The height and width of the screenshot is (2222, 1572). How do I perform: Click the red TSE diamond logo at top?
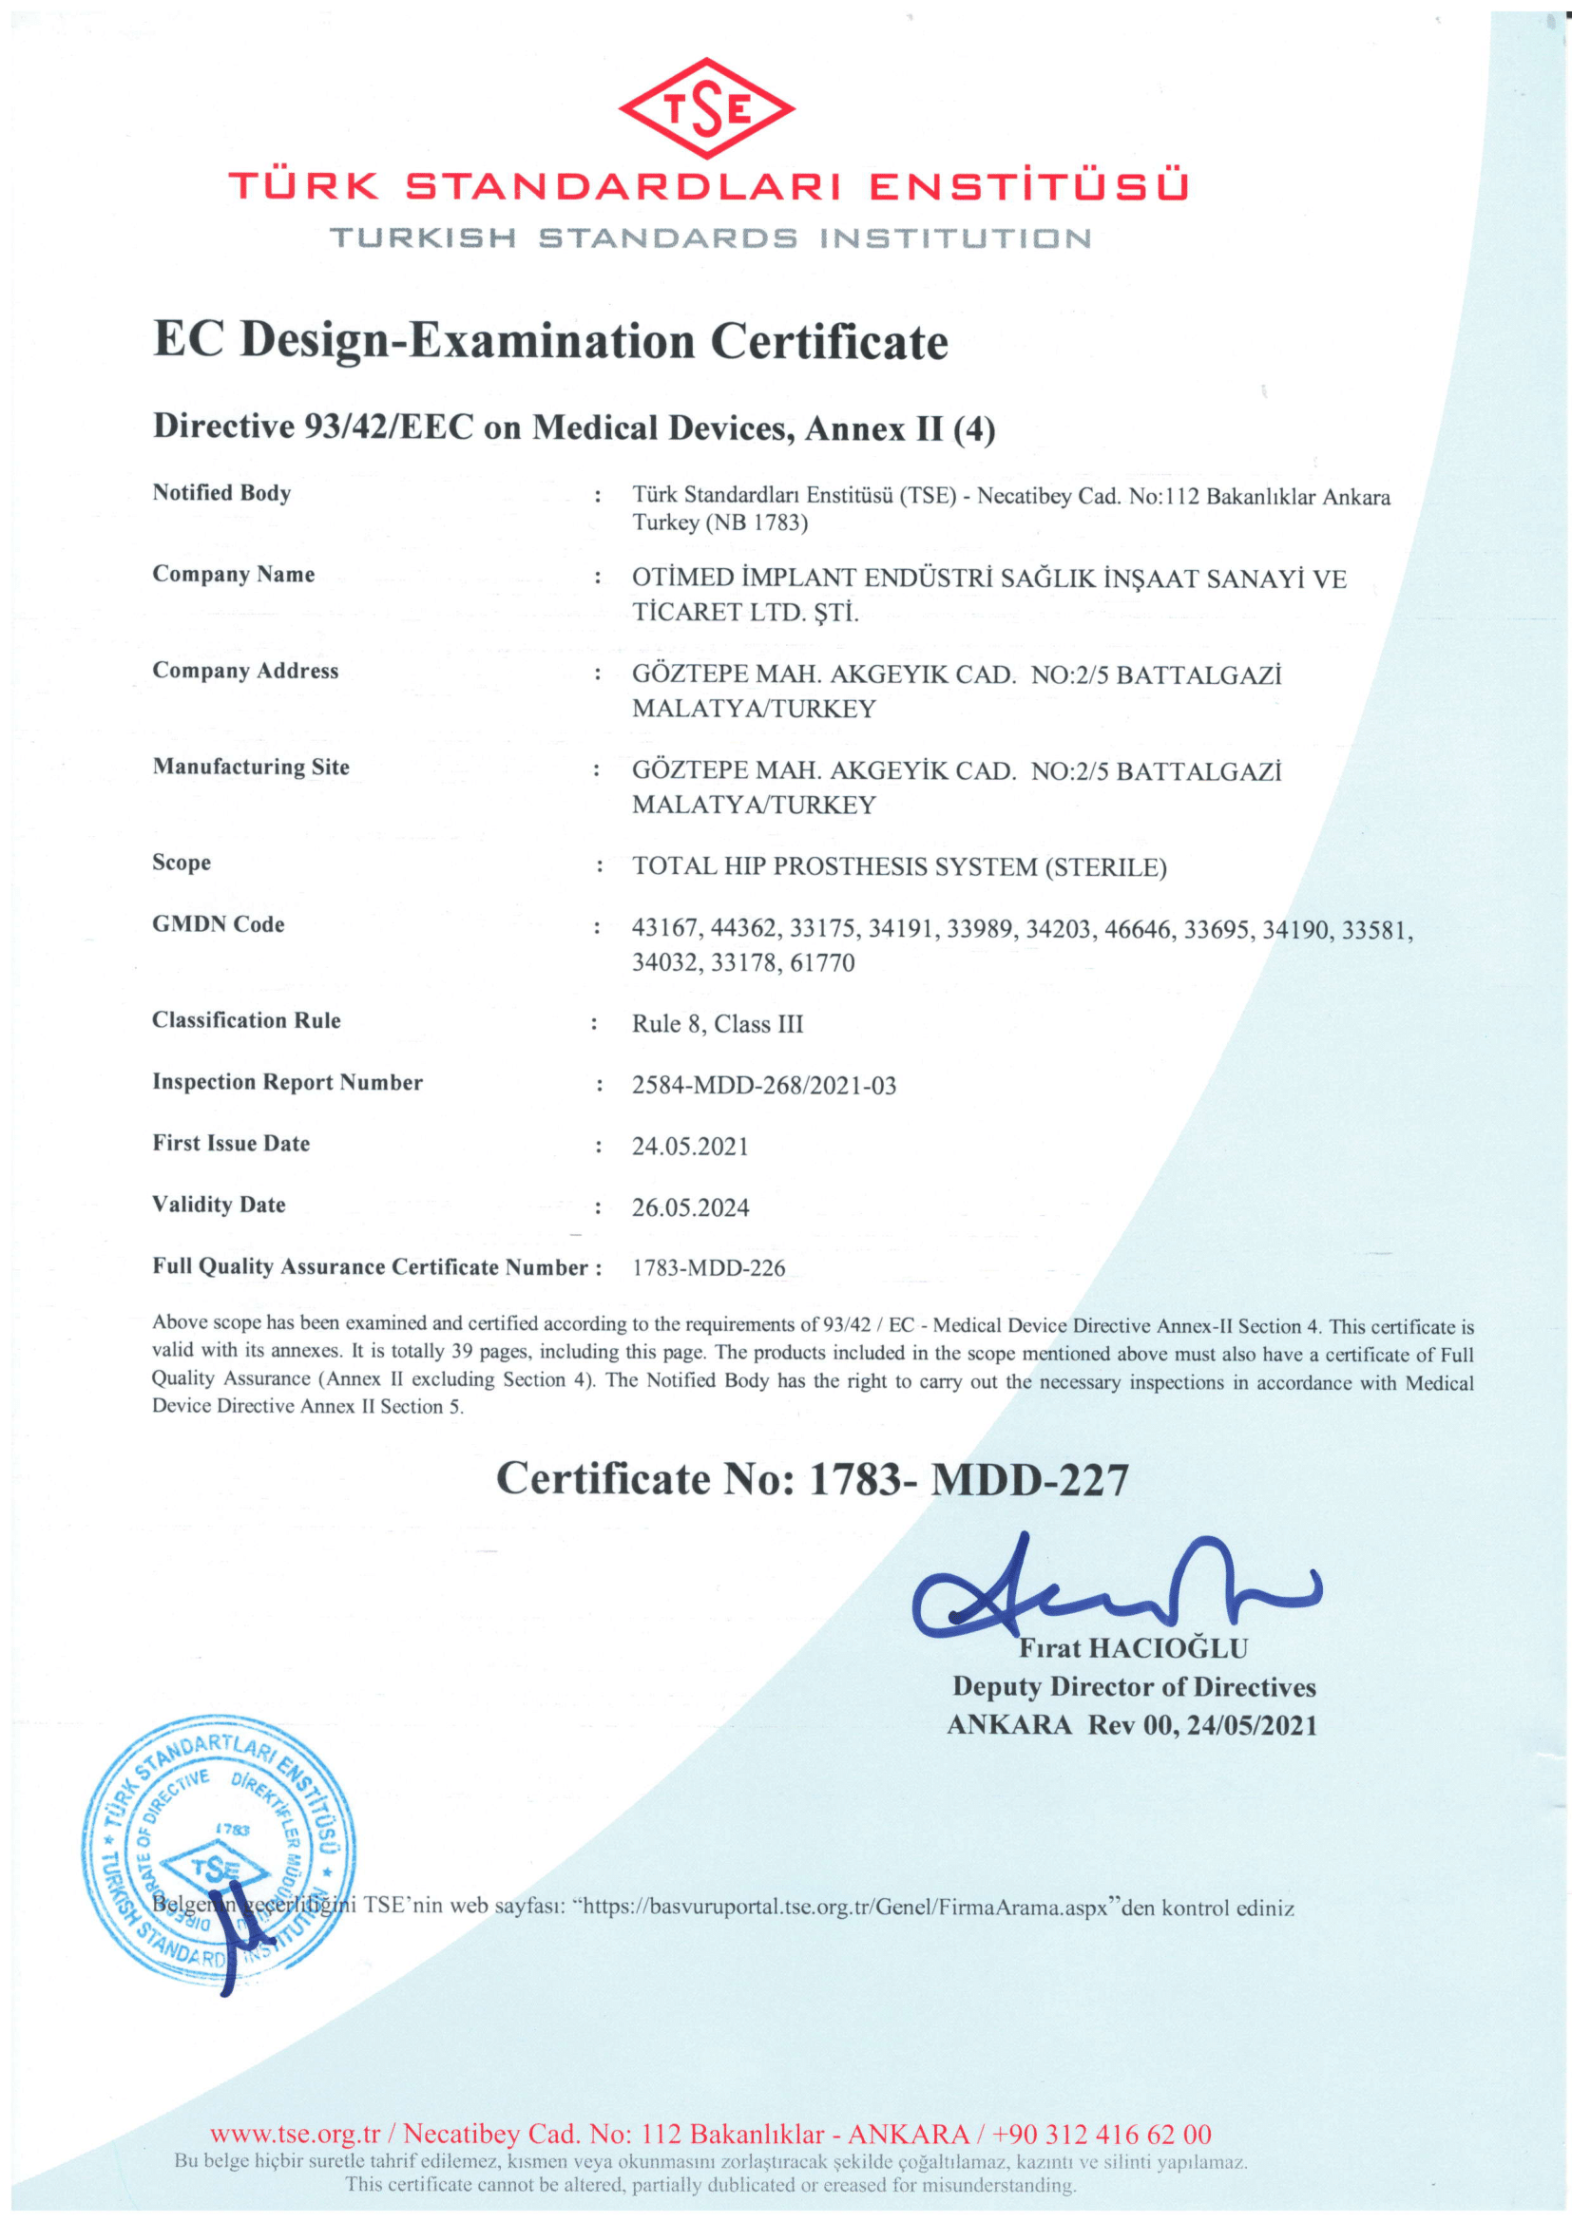[x=705, y=108]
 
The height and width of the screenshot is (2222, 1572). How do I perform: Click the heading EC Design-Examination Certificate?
[x=549, y=342]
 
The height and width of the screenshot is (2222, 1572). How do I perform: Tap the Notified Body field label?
[x=220, y=493]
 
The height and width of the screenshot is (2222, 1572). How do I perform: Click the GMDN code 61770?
[x=822, y=963]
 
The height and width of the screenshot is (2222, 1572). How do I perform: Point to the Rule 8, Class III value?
[x=718, y=1024]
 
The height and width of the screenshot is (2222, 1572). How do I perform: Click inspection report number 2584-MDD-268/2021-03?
[x=764, y=1085]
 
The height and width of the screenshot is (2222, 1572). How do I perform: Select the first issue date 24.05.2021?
[x=690, y=1147]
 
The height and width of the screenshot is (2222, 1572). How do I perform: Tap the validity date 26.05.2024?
[x=690, y=1207]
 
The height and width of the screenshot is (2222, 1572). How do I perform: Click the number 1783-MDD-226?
[x=709, y=1268]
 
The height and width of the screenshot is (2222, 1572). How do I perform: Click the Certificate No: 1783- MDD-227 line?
[x=811, y=1479]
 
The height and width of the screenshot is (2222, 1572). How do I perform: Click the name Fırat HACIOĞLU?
[x=1133, y=1648]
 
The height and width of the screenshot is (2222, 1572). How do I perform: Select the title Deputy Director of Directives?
[x=1134, y=1687]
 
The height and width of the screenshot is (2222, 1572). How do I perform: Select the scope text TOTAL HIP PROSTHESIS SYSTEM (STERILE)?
[x=899, y=867]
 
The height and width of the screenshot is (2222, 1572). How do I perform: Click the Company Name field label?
[x=233, y=574]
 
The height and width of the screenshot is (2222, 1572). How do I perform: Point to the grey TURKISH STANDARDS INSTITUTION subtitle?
[x=710, y=238]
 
